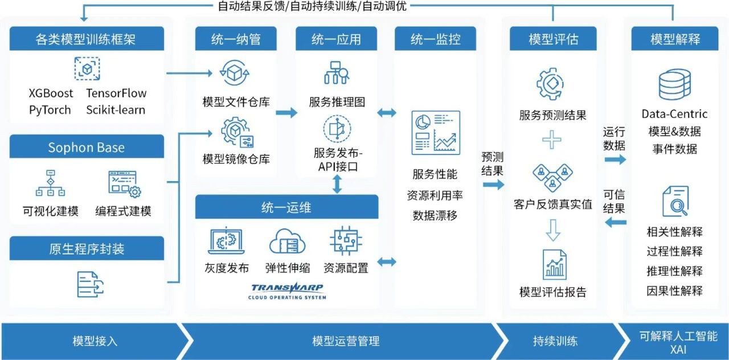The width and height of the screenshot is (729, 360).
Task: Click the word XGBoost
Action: [x=51, y=93]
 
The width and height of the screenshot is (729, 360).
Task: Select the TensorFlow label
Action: [x=116, y=93]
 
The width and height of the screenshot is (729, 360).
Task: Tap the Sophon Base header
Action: [x=87, y=146]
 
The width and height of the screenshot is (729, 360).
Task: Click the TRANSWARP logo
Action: [x=287, y=291]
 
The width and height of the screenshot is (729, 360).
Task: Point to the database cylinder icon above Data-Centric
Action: [x=675, y=84]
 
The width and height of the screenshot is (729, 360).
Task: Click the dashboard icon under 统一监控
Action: [x=436, y=133]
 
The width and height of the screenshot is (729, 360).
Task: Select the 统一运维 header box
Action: [x=286, y=207]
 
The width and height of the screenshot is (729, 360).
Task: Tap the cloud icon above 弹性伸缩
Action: [x=287, y=242]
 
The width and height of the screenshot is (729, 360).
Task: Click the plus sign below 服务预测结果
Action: [x=552, y=140]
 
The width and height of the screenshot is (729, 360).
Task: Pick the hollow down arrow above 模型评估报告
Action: [x=553, y=230]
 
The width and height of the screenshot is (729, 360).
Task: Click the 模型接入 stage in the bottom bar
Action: [x=95, y=341]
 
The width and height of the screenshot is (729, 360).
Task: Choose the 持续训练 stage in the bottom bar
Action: [x=555, y=341]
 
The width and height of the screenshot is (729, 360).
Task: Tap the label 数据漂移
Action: [x=435, y=215]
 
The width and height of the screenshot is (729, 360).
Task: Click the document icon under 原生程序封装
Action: [x=90, y=284]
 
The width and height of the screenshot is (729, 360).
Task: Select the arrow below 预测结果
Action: [x=493, y=185]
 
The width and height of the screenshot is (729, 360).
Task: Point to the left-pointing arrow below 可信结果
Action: [x=616, y=223]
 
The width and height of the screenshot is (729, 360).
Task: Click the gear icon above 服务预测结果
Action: [x=550, y=84]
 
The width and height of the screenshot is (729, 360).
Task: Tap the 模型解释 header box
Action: [x=675, y=39]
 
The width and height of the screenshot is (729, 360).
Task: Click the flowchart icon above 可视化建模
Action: [x=50, y=183]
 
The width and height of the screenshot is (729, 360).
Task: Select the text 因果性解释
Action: [x=674, y=291]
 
